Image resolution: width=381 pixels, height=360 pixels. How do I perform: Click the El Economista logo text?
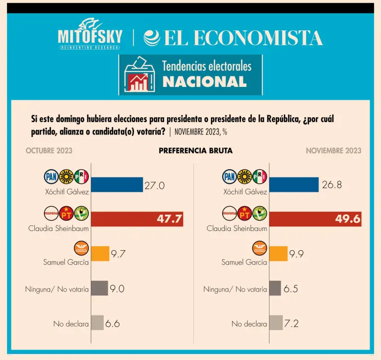pos(233,38)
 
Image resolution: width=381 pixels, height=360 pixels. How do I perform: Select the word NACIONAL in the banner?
pos(204,82)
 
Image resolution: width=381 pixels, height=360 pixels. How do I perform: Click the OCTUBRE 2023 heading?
pos(49,150)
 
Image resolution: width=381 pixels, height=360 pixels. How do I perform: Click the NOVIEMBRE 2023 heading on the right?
pos(333,150)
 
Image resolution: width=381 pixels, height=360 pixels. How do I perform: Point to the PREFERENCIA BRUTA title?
pos(195,150)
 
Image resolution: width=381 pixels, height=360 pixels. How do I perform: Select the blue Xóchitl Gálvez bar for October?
pos(117,185)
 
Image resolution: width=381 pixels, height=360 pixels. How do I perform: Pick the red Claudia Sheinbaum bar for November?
pos(315,219)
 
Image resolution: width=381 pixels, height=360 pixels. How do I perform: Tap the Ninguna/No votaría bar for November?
pos(275,288)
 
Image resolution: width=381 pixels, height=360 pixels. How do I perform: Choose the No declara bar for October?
pos(98,323)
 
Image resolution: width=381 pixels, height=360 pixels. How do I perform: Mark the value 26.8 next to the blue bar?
pos(332,185)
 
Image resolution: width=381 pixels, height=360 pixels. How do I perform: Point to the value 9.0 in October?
pos(117,288)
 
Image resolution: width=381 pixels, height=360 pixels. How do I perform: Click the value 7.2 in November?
pos(291,323)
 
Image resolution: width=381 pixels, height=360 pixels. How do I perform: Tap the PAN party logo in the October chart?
pos(52,176)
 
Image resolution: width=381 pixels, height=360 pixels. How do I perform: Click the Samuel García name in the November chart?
pos(244,262)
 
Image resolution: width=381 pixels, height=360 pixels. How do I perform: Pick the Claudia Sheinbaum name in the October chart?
pos(59,228)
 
